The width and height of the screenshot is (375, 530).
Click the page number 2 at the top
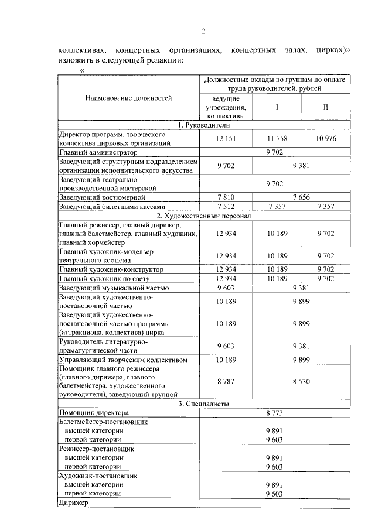point(203,31)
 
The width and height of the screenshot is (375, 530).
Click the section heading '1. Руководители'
point(203,125)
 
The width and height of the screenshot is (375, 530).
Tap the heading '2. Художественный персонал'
point(203,216)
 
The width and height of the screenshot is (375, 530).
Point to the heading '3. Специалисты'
point(203,404)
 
